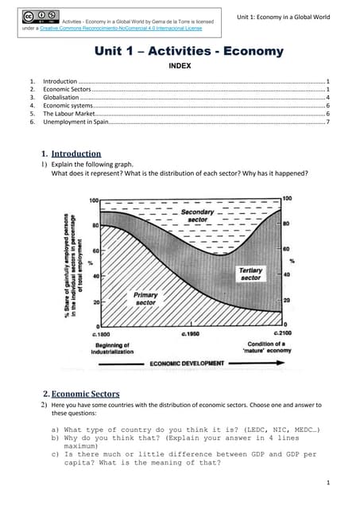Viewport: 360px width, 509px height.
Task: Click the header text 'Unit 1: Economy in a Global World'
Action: coord(288,17)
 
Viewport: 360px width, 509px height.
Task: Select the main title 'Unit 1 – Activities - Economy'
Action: coord(188,51)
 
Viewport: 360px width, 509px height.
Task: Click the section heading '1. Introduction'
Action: coord(71,153)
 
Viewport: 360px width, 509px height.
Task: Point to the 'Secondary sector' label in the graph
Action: coord(197,216)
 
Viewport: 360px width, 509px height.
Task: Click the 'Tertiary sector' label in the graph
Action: coord(250,274)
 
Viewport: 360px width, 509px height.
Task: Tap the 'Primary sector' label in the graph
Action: coord(145,298)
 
